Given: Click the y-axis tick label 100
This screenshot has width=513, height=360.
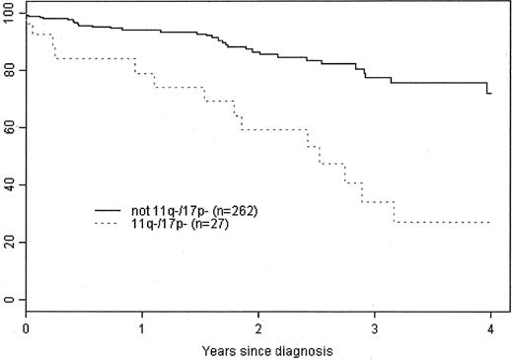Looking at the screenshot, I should [9, 16].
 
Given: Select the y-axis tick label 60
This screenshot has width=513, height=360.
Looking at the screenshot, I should [9, 129].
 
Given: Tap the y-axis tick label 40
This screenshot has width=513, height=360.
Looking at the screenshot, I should [9, 185].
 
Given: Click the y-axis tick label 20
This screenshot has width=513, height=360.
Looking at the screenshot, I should [9, 243].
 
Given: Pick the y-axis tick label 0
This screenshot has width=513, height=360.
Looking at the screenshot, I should [12, 300].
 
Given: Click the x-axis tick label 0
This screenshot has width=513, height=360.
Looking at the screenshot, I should [27, 325].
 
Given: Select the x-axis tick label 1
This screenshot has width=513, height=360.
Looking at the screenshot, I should [143, 325].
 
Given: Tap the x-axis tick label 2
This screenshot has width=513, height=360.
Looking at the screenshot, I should [258, 325].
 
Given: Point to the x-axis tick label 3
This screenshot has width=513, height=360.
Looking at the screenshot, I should [375, 325].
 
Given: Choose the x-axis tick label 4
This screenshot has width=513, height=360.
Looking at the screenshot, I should [490, 325].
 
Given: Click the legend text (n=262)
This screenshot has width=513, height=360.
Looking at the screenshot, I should [231, 211].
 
